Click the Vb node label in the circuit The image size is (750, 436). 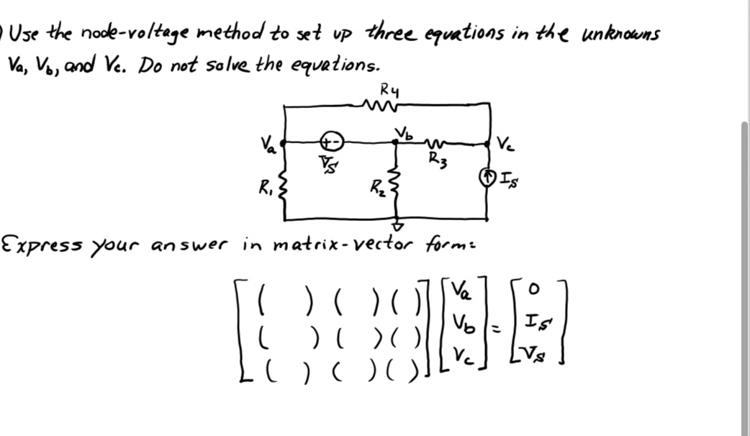[404, 133]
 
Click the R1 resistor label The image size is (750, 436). [264, 190]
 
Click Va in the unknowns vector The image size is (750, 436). [461, 291]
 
